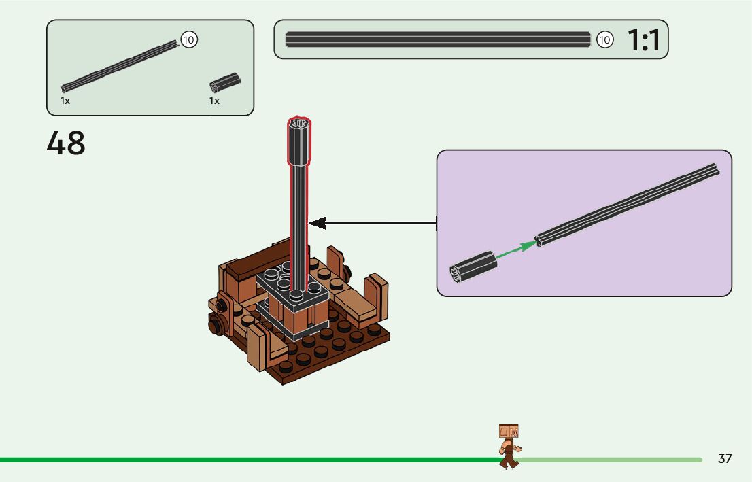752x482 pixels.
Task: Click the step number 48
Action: pos(66,143)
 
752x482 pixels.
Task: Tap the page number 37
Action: pos(725,459)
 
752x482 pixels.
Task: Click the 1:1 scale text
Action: pos(643,41)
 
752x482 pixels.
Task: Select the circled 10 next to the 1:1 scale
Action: pos(604,40)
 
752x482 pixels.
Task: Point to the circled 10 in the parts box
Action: pos(188,40)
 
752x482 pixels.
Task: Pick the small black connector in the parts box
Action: pos(224,82)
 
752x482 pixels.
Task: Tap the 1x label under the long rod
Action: pos(65,101)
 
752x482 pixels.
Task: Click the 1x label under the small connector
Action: pos(214,101)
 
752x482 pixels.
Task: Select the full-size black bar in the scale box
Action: pos(438,39)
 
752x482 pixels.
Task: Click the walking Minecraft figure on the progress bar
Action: pos(509,446)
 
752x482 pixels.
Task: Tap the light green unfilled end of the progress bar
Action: pos(612,460)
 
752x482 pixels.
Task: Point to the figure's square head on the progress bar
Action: pos(509,432)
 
